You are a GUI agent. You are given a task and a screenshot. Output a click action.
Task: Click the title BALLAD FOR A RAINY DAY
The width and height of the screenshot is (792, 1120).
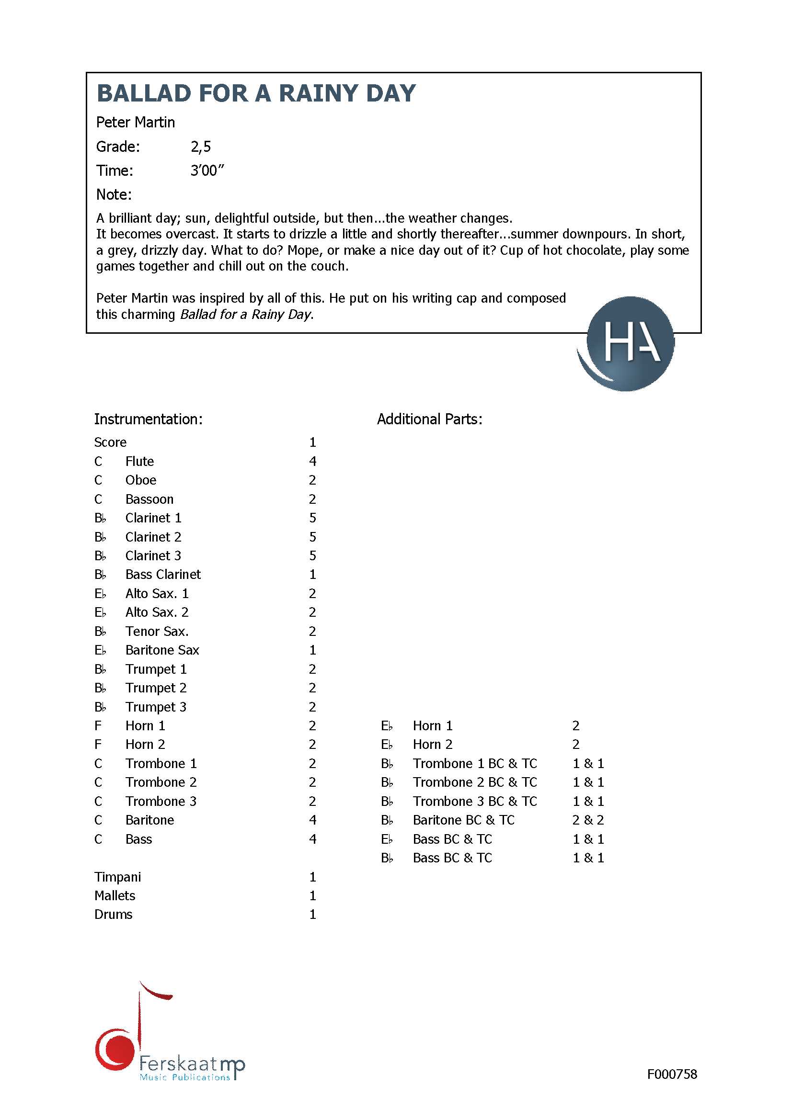click(x=256, y=93)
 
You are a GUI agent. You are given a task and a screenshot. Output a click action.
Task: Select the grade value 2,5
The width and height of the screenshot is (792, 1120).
click(x=201, y=147)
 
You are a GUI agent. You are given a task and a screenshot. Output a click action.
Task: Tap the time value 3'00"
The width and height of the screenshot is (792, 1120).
click(x=207, y=171)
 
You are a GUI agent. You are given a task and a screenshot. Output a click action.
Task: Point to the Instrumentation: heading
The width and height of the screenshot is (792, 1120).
click(x=148, y=419)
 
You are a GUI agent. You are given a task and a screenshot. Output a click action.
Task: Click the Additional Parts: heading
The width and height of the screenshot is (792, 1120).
click(x=429, y=419)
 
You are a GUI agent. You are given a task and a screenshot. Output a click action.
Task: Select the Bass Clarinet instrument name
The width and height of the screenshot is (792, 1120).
click(x=162, y=575)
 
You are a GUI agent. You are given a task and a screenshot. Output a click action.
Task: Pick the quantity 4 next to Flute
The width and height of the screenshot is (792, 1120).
click(x=312, y=462)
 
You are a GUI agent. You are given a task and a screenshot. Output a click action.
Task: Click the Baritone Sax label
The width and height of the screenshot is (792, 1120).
click(x=162, y=650)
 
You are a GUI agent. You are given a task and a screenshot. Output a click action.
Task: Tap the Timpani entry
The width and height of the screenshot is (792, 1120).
click(x=117, y=877)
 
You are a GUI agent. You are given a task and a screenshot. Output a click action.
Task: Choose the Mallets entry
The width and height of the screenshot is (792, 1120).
click(x=115, y=895)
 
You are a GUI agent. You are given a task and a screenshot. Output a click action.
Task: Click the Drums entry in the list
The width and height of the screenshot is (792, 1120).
click(x=113, y=915)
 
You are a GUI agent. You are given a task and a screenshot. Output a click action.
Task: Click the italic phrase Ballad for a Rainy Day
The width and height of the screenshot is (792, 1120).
click(x=245, y=315)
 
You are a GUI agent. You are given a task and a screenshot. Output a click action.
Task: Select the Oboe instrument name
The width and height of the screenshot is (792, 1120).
click(x=140, y=480)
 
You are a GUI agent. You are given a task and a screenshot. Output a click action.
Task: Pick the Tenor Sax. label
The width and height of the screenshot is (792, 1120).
click(x=157, y=632)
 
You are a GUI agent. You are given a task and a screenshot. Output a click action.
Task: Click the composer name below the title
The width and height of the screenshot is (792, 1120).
click(x=135, y=123)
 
